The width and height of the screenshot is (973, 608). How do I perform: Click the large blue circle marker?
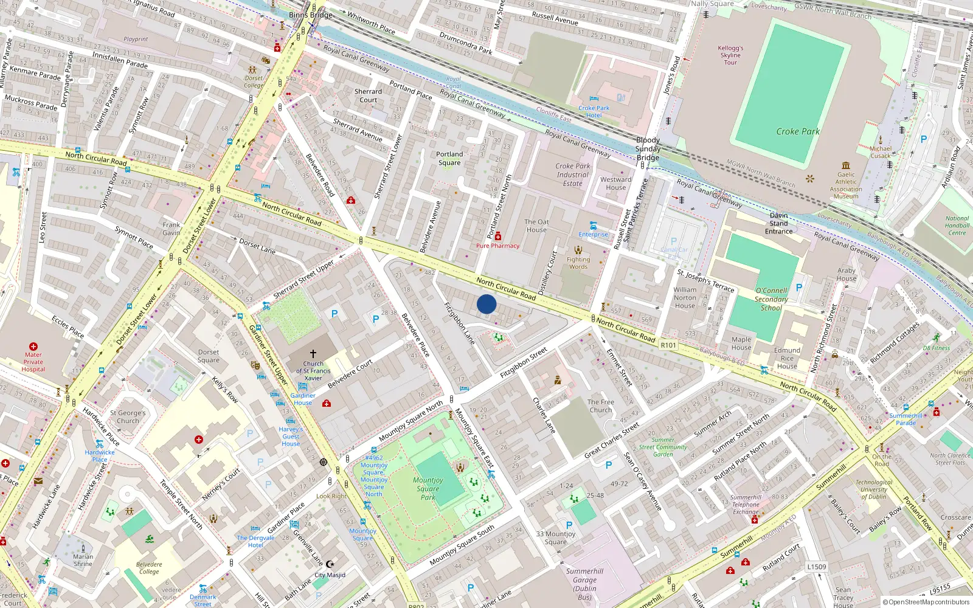pyautogui.click(x=486, y=304)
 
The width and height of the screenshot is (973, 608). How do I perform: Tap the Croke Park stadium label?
pyautogui.click(x=798, y=131)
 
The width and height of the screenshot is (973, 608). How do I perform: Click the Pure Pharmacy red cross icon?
pyautogui.click(x=498, y=237)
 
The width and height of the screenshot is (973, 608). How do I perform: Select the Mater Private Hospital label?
pyautogui.click(x=33, y=362)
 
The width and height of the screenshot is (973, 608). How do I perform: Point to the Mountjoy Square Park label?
pyautogui.click(x=428, y=488)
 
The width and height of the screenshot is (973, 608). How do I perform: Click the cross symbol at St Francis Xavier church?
pyautogui.click(x=313, y=353)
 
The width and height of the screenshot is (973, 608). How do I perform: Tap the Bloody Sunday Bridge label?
pyautogui.click(x=648, y=149)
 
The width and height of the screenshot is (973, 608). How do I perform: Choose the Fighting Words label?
pyautogui.click(x=578, y=263)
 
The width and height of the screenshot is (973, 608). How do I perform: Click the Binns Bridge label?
pyautogui.click(x=311, y=15)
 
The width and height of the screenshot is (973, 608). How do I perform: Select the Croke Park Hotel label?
pyautogui.click(x=594, y=111)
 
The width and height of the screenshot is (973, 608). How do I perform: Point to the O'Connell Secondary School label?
pyautogui.click(x=771, y=299)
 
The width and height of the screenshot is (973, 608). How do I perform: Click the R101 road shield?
pyautogui.click(x=668, y=345)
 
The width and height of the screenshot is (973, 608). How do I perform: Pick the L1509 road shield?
pyautogui.click(x=817, y=567)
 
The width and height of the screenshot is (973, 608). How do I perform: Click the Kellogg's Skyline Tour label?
pyautogui.click(x=730, y=55)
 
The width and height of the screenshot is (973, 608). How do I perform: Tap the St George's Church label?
pyautogui.click(x=128, y=416)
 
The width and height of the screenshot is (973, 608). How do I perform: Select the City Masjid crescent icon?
pyautogui.click(x=330, y=564)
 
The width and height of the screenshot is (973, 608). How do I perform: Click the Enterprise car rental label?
pyautogui.click(x=593, y=234)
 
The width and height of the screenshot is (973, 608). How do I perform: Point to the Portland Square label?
pyautogui.click(x=449, y=158)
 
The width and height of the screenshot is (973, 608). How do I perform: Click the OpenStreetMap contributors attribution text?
pyautogui.click(x=926, y=602)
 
